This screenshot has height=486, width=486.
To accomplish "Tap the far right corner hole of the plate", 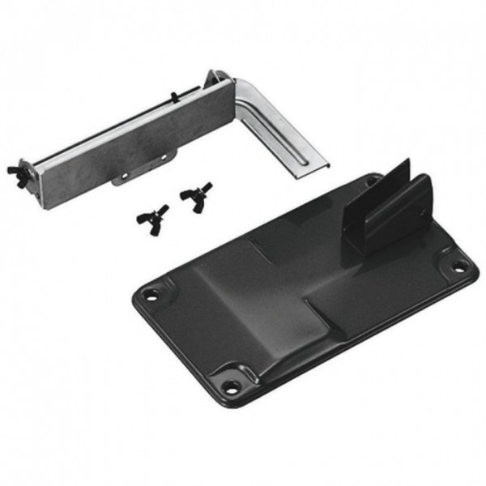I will point(458,265).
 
